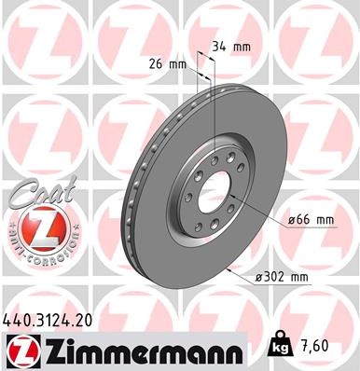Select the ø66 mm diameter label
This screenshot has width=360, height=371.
coord(312,219)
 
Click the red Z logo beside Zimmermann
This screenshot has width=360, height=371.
coord(20,350)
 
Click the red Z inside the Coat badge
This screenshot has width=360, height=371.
coord(36,227)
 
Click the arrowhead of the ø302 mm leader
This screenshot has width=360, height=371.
coord(228,266)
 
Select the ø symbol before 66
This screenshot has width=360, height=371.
coord(292,219)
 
